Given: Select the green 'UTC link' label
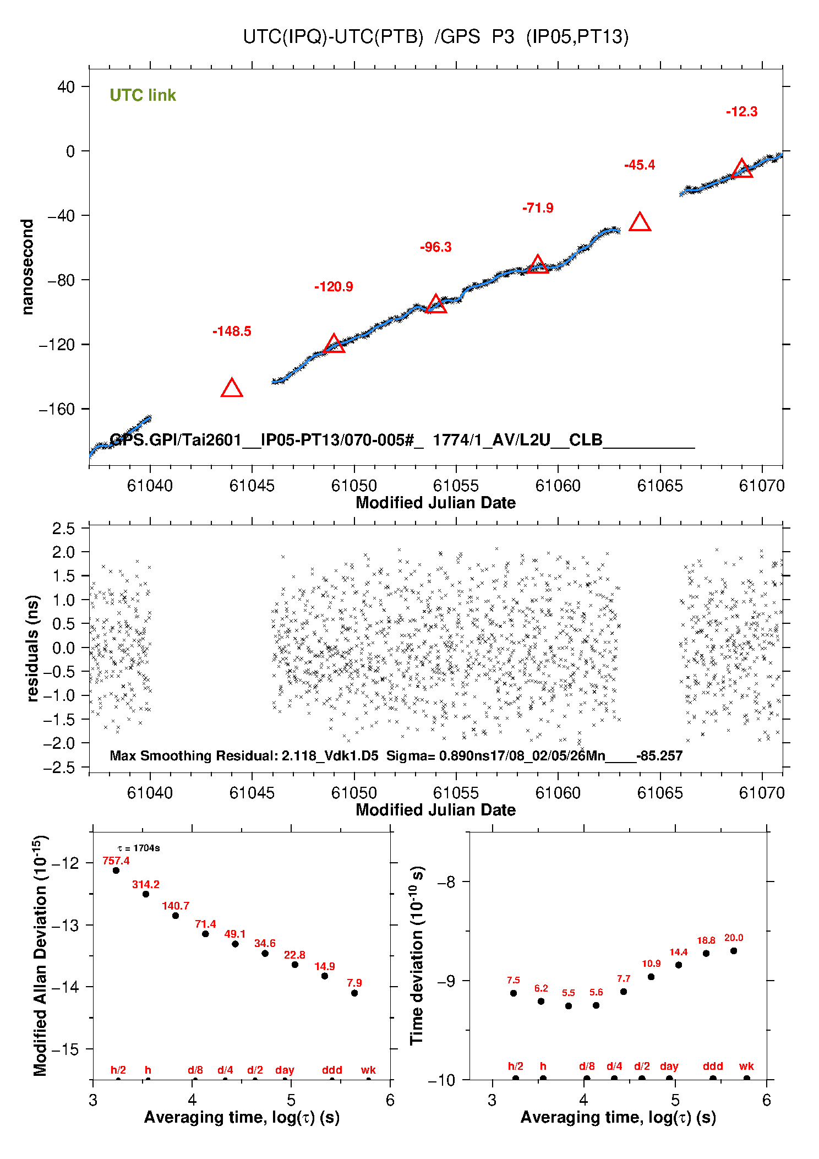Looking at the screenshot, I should click(143, 95).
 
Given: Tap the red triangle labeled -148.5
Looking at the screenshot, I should click(232, 389).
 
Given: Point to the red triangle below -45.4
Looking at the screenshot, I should click(640, 222).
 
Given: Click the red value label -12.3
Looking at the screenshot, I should click(741, 112).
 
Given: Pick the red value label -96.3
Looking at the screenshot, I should click(435, 247).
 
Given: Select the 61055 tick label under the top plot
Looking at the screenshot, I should click(456, 486).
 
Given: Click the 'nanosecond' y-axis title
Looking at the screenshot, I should click(28, 267).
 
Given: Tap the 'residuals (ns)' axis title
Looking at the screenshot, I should click(33, 648).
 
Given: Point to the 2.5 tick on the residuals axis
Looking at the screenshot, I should click(63, 529).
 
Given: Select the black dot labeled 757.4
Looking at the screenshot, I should click(116, 870).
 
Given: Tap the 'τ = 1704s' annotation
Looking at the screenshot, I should click(139, 848).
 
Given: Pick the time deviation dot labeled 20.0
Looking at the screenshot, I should click(734, 951).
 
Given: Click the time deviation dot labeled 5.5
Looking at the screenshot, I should click(569, 1006).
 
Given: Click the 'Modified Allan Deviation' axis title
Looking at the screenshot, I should click(40, 955).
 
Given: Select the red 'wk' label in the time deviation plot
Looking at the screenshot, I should click(746, 1066).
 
